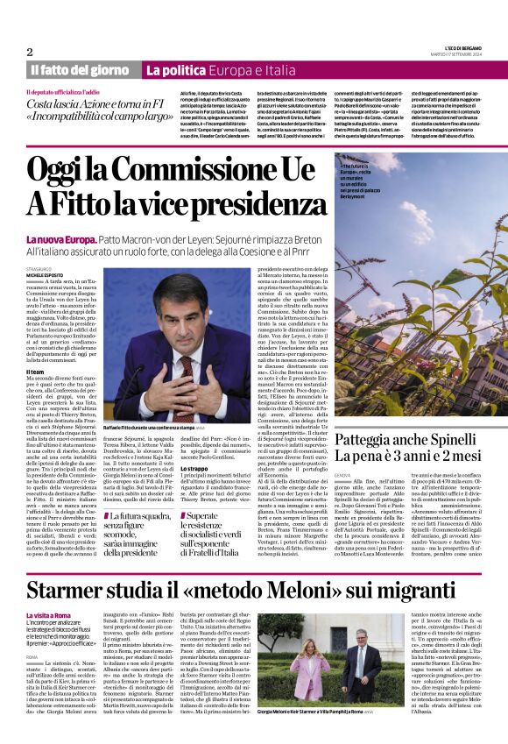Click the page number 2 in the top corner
pyautogui.click(x=29, y=52)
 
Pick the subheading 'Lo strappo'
pyautogui.click(x=194, y=444)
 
